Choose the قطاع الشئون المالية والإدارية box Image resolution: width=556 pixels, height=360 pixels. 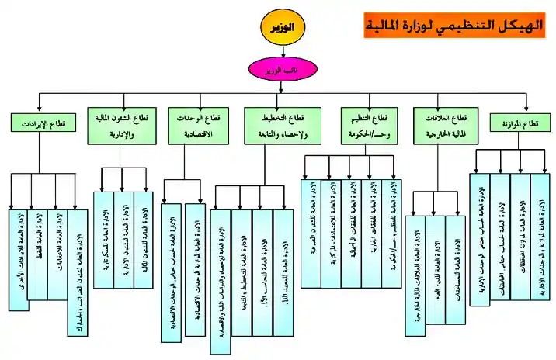121,125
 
